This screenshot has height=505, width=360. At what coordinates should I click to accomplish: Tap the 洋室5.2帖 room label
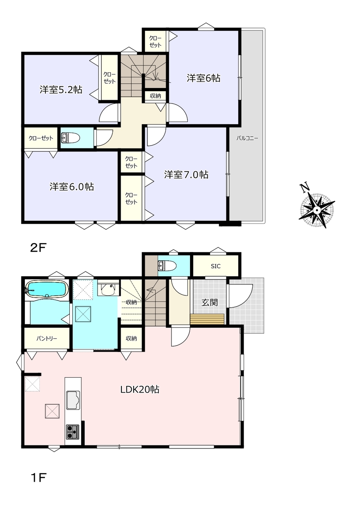(61, 90)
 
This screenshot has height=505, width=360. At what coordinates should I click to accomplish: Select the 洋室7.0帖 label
(186, 175)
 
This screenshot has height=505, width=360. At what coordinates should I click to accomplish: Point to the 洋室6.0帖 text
(72, 187)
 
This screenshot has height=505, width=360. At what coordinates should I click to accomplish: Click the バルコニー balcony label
(247, 138)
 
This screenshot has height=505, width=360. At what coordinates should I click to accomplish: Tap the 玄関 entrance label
(209, 302)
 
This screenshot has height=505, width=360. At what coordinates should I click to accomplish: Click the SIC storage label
(216, 266)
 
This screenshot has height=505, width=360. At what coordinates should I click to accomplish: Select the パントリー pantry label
(47, 339)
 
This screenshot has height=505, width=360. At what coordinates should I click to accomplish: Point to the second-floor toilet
(71, 138)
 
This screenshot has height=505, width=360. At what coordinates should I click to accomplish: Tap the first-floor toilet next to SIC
(168, 266)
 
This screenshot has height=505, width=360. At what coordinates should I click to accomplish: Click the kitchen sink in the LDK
(73, 400)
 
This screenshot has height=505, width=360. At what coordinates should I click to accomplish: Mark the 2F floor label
(38, 248)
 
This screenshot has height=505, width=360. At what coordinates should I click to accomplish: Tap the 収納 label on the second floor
(155, 96)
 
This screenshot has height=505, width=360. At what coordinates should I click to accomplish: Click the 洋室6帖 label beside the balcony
(203, 78)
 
